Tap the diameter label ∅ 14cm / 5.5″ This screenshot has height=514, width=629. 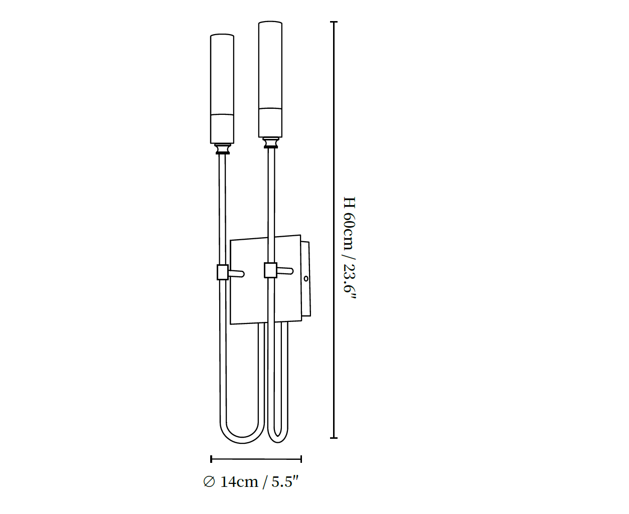[251, 481]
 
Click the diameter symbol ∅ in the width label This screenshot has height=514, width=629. [209, 481]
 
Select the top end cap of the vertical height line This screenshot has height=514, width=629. [334, 22]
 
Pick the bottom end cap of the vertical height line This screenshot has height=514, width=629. [334, 438]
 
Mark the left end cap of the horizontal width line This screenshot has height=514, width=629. [211, 459]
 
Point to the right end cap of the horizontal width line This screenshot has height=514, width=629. [301, 459]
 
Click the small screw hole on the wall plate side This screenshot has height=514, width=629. [305, 279]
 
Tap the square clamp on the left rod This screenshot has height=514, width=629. [223, 272]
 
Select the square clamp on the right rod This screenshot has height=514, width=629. [270, 270]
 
